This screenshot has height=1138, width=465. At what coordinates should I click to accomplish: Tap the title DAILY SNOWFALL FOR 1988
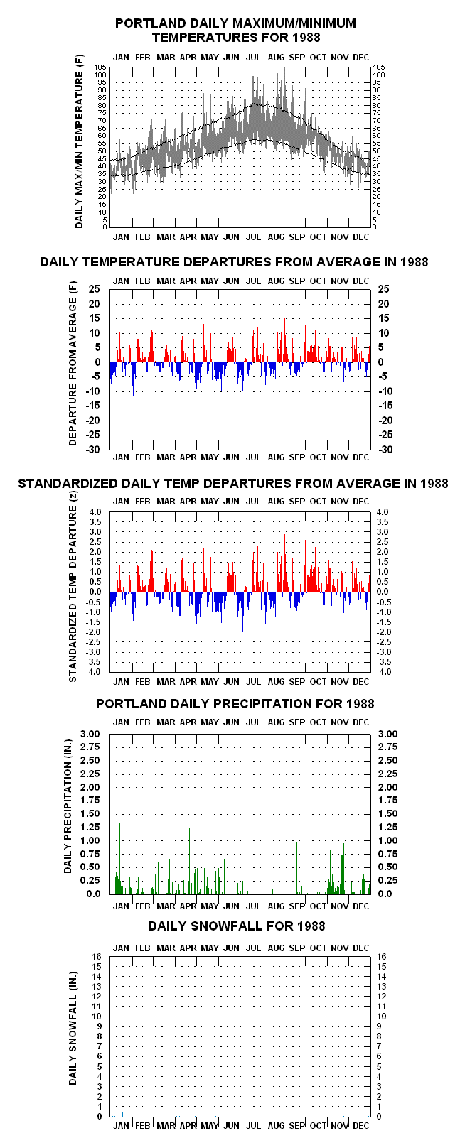(x=237, y=926)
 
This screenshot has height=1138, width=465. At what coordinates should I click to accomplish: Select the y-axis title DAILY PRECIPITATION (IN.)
(x=68, y=806)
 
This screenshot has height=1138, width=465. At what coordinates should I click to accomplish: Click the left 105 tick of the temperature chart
(x=100, y=67)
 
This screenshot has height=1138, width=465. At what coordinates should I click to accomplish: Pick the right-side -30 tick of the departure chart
(x=385, y=449)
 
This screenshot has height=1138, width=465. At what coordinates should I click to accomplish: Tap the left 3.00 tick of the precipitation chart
(x=90, y=734)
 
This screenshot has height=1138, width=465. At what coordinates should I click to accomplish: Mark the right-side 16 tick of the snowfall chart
(x=382, y=957)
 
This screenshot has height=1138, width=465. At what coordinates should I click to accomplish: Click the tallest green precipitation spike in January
(x=120, y=859)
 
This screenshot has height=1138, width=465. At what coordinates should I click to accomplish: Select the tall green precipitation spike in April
(x=189, y=861)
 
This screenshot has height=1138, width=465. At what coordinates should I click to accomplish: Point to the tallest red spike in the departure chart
(x=285, y=340)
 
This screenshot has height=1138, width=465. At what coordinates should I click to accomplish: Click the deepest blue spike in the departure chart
(x=133, y=379)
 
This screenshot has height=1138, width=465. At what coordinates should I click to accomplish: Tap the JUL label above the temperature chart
(x=253, y=58)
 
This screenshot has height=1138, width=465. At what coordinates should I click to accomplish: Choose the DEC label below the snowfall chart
(x=360, y=1125)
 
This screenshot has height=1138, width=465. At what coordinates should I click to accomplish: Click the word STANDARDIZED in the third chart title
(x=68, y=484)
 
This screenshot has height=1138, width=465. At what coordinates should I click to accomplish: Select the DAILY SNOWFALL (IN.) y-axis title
(x=73, y=1029)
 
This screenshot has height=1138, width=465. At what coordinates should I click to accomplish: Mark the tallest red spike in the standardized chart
(x=285, y=563)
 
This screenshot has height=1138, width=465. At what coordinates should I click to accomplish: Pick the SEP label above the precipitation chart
(x=297, y=722)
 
